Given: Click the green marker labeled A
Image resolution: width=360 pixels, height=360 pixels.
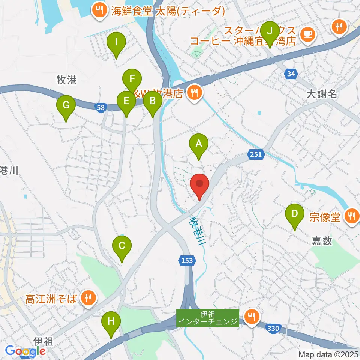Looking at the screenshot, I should (199, 143).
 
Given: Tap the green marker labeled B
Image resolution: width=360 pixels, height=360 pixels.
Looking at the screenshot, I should (152, 100).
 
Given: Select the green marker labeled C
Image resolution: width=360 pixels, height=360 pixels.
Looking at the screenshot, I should (122, 246).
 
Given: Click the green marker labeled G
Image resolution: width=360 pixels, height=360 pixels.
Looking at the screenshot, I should (66, 105).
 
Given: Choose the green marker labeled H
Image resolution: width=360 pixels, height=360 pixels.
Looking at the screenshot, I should (111, 321).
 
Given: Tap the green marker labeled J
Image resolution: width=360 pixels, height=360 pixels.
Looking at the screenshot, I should (269, 31).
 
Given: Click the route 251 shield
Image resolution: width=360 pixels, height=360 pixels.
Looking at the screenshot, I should (256, 154).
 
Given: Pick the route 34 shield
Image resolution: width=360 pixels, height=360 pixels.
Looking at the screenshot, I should (291, 73).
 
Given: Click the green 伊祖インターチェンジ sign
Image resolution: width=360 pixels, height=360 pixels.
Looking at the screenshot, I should (208, 318).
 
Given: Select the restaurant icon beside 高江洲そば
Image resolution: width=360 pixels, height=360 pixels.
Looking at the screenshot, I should (88, 298).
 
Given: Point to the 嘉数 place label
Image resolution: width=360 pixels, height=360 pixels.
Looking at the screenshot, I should (322, 241).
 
